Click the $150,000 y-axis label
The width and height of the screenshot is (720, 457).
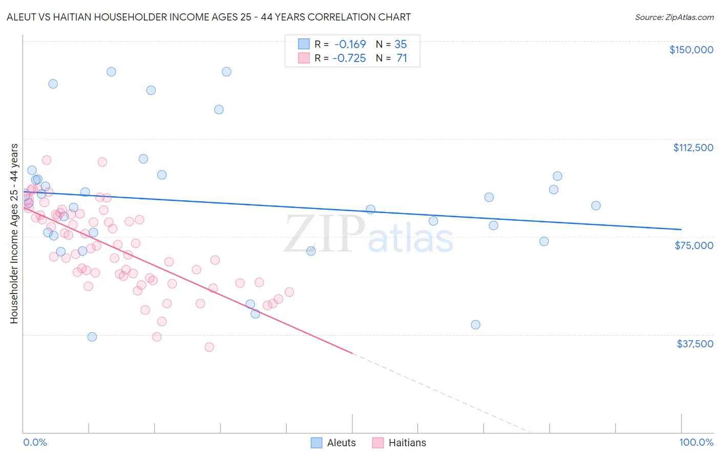[x=691, y=50]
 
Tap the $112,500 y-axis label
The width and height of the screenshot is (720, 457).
[x=693, y=148]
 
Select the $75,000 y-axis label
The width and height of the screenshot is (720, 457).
[x=694, y=245]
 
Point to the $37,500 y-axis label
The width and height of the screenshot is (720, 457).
[x=695, y=344]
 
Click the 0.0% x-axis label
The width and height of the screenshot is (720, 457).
[x=35, y=442]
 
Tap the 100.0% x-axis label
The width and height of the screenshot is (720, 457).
[x=696, y=442]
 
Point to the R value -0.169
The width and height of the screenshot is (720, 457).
[x=350, y=44]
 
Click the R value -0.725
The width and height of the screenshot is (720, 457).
[x=349, y=58]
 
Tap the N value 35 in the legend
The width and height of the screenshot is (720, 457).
[x=400, y=44]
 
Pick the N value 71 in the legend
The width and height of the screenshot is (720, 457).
[x=401, y=58]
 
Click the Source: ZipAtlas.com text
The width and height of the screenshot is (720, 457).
[x=674, y=17]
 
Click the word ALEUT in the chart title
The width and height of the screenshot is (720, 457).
[x=21, y=17]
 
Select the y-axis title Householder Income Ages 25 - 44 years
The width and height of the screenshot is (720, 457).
[x=14, y=234]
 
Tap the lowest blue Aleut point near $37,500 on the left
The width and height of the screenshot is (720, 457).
[x=92, y=337]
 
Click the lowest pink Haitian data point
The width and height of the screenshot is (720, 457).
[x=209, y=347]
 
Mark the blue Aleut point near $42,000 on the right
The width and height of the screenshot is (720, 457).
[x=475, y=324]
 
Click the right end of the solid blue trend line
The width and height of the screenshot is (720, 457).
[x=681, y=230]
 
